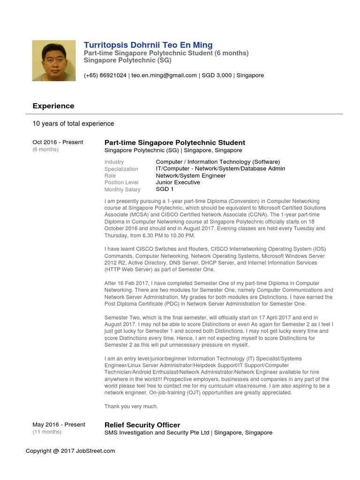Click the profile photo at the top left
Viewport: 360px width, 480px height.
(53, 60)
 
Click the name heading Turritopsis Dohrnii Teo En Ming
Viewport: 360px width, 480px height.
(148, 45)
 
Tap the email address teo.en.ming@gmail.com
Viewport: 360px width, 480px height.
(164, 75)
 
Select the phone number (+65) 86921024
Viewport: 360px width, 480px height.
(105, 75)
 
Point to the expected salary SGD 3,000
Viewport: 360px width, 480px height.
(217, 75)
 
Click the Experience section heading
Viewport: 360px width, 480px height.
(53, 106)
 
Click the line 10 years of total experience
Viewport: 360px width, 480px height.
(73, 124)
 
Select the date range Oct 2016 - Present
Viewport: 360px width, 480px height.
(58, 142)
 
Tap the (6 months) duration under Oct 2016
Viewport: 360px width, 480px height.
(45, 150)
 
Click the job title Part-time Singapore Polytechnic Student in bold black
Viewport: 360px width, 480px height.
(174, 142)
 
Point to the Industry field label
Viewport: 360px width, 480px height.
(114, 162)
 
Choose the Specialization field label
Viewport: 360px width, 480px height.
(121, 169)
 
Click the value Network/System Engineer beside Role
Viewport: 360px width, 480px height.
(191, 176)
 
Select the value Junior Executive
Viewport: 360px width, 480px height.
(178, 182)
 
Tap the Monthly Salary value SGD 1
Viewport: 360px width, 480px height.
(165, 189)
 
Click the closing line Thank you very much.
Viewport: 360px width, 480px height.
(131, 406)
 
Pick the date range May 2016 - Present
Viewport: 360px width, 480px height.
(59, 425)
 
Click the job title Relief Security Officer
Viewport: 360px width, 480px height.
(142, 425)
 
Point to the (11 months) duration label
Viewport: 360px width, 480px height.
(47, 432)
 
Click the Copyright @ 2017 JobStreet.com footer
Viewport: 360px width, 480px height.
(70, 451)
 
